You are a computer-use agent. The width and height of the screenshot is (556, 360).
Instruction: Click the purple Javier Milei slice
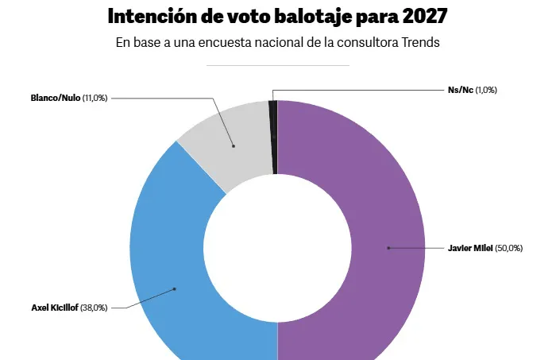point(365,199)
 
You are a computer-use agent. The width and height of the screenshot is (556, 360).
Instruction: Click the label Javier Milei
point(470,248)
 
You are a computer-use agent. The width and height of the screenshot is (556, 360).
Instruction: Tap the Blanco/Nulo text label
point(55,98)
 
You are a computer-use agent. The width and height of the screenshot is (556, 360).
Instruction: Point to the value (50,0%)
point(508,248)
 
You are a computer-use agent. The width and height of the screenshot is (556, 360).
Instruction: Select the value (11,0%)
point(94,98)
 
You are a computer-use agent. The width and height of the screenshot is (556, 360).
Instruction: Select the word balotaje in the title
point(295,16)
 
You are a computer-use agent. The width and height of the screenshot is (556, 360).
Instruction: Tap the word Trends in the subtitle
point(420,43)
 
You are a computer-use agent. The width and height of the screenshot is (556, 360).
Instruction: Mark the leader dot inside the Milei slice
point(388,248)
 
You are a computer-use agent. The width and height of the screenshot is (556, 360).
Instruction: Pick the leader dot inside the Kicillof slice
point(175,288)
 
